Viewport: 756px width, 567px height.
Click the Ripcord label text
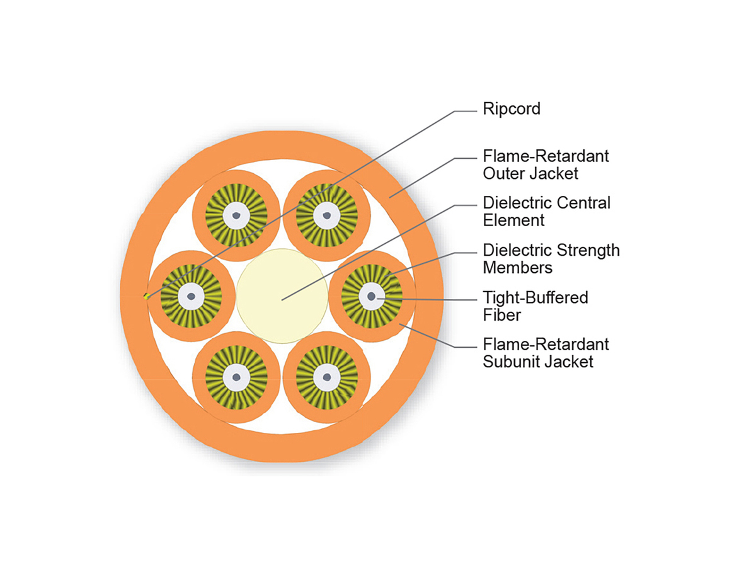[511, 109]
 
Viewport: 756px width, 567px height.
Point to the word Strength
[590, 250]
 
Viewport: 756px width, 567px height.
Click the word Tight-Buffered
[535, 297]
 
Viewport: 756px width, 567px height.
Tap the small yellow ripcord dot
[146, 295]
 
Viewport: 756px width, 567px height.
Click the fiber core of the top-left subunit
[236, 216]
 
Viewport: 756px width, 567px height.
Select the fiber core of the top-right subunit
[326, 216]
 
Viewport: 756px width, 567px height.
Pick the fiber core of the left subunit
[191, 295]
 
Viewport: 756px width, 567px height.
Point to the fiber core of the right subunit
[372, 295]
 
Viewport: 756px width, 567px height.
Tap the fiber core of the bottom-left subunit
[236, 377]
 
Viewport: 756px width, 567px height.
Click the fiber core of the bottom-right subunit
[326, 377]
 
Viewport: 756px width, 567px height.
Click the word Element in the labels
[513, 220]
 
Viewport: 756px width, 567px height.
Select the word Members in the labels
[517, 267]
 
